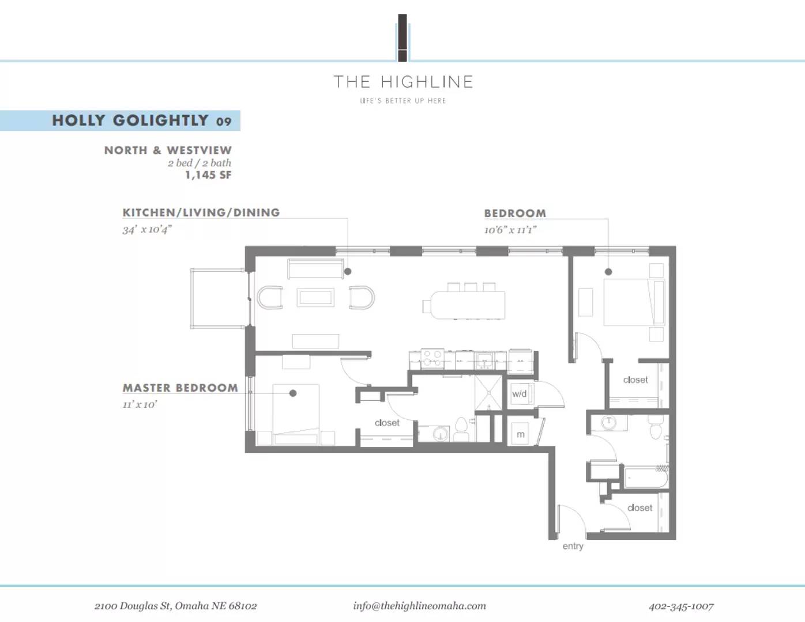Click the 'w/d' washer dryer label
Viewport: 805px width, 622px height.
519,394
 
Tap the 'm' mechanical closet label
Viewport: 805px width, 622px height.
520,434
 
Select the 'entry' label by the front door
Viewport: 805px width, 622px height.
573,546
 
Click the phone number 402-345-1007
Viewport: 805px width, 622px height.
680,606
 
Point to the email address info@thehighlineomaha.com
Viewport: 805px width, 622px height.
419,605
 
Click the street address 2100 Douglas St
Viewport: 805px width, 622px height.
175,606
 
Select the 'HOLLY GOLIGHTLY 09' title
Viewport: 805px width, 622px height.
142,120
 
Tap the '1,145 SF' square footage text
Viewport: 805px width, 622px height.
208,175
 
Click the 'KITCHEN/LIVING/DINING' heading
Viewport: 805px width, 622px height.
201,213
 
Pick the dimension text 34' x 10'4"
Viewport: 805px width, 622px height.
147,229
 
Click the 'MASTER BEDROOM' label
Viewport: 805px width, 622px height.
180,388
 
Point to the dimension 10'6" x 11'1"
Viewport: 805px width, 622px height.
510,230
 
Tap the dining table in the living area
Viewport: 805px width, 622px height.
468,305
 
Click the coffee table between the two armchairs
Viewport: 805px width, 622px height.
315,298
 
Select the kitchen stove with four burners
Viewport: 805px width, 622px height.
431,359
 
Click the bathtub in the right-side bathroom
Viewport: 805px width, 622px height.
646,477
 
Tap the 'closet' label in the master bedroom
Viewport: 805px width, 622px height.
387,423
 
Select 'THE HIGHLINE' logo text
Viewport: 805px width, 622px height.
403,82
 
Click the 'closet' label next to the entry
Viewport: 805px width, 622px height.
640,507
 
